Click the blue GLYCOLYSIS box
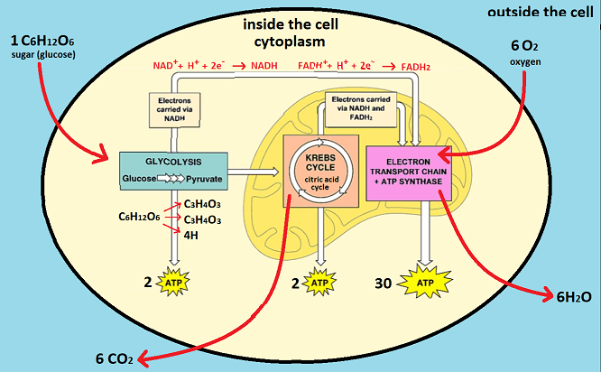[171, 170]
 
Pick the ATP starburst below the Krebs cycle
[319, 284]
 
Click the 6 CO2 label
[115, 358]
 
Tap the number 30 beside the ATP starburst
[383, 284]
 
